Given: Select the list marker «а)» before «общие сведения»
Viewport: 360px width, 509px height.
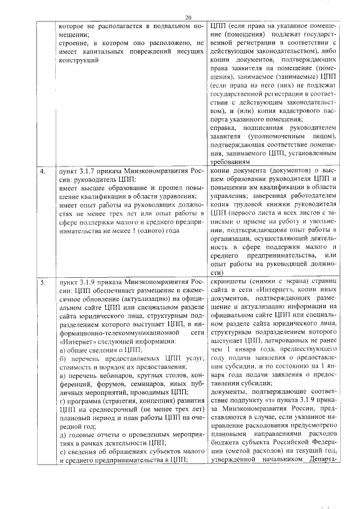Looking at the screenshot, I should [62, 350].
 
